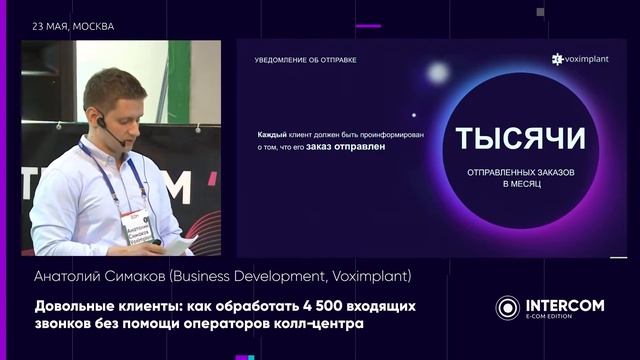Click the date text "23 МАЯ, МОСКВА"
73,26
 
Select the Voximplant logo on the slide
582,60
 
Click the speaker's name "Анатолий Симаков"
92,275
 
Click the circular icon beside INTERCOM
508,307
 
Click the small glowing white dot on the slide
436,72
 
